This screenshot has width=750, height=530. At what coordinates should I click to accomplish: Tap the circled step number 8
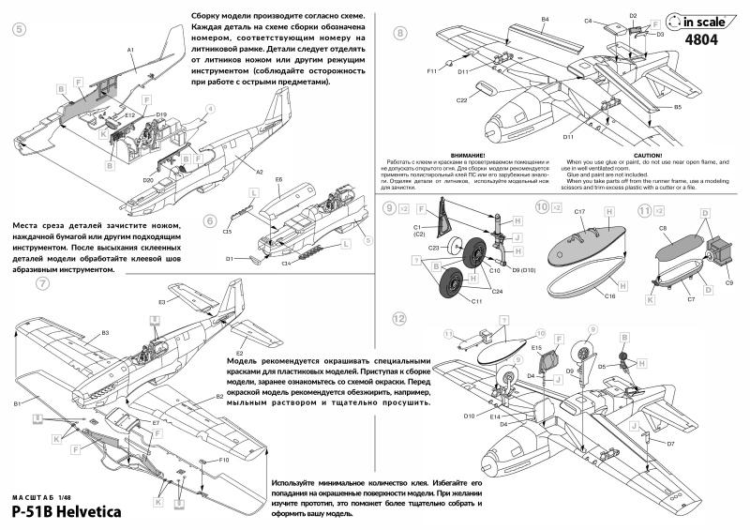coord(401,33)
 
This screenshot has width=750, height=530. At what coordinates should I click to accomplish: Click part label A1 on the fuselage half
coord(131,48)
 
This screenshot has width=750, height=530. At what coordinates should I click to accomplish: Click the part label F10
coord(224,461)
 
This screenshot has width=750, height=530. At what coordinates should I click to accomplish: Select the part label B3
coord(105,333)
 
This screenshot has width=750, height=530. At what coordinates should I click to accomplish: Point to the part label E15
coord(537,347)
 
